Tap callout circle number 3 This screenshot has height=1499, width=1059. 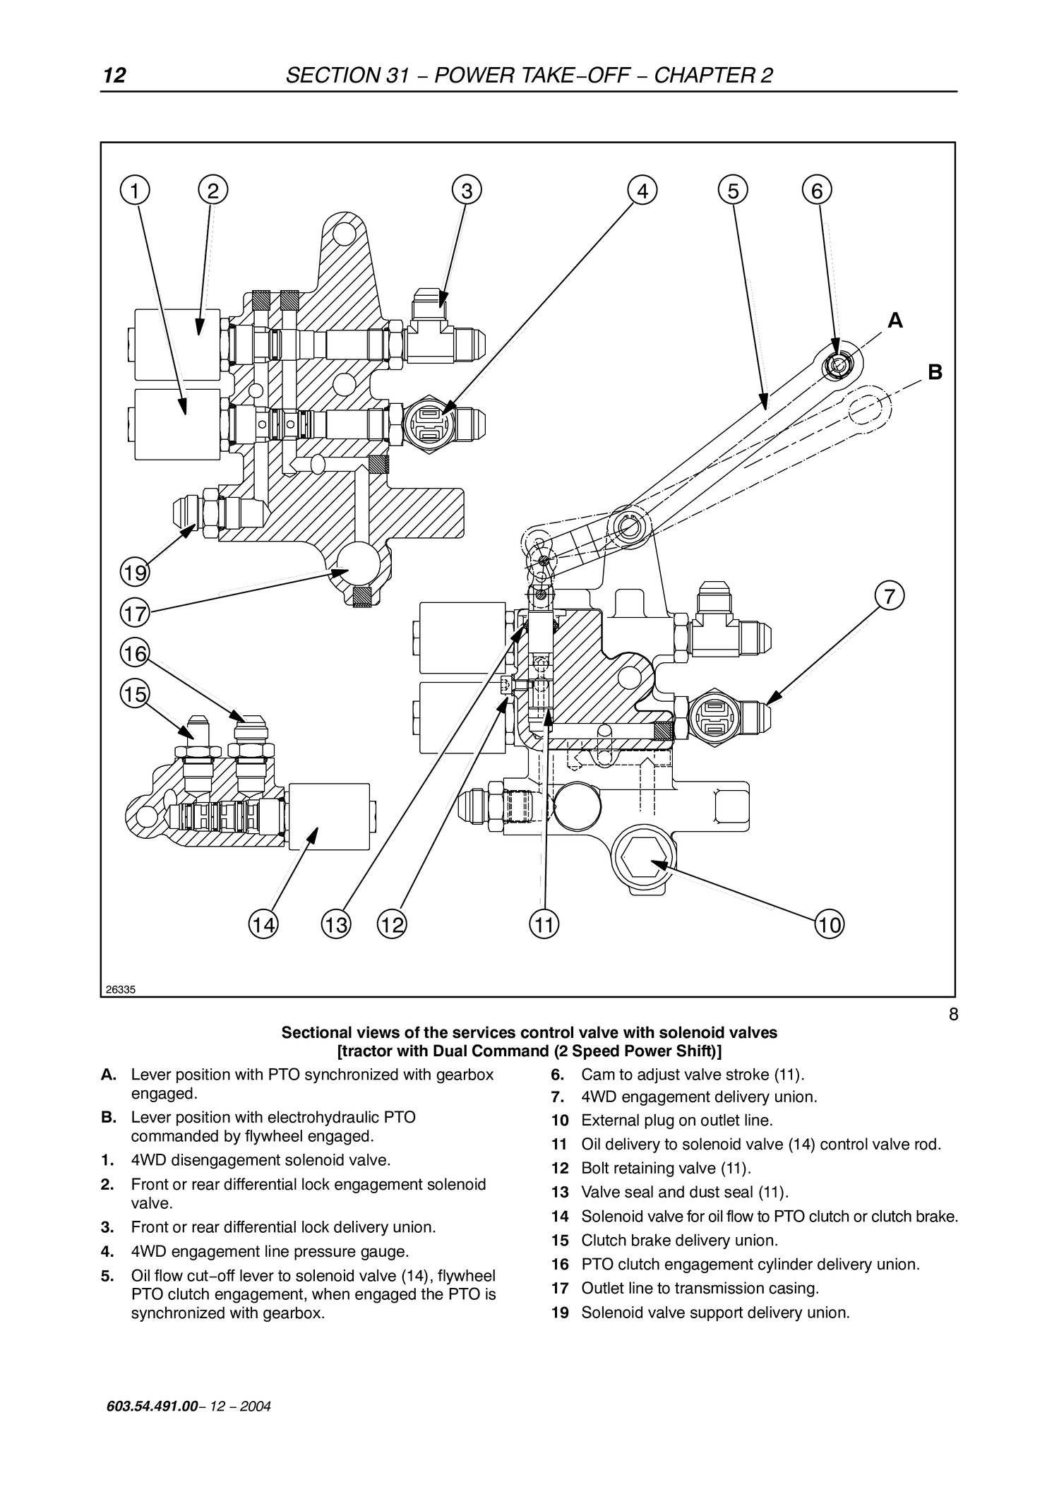[x=467, y=191]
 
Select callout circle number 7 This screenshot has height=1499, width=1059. [x=889, y=596]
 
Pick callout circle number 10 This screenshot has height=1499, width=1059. [x=830, y=924]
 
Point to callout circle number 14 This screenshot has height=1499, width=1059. [x=263, y=924]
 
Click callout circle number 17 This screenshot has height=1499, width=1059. [x=134, y=613]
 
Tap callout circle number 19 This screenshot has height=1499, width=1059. [x=134, y=572]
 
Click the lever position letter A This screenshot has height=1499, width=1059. [x=895, y=321]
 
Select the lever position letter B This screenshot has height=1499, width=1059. [x=935, y=372]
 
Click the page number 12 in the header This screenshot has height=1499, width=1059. [x=114, y=76]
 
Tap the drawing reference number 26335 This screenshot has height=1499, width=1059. [x=120, y=989]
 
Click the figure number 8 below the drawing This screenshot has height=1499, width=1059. [x=953, y=1015]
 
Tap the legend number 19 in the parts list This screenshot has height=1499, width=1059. [x=560, y=1313]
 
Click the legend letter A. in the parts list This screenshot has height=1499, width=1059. [x=109, y=1075]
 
